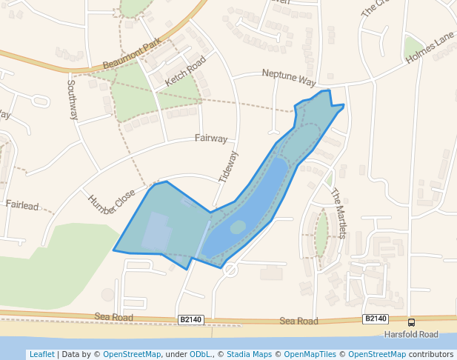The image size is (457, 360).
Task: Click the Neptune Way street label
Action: tap(289, 76)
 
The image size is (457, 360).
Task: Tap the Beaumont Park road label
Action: tap(132, 56)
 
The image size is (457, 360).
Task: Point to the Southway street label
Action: tap(72, 100)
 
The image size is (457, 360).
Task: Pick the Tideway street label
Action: tap(229, 167)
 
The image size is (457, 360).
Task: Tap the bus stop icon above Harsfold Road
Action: tap(411, 322)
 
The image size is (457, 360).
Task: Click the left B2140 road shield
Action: tap(190, 319)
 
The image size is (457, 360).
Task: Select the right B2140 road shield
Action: tap(376, 319)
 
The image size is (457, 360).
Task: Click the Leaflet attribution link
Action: tap(41, 354)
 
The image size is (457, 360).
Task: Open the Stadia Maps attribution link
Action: tap(251, 354)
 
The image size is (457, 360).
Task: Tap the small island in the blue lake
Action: tap(238, 227)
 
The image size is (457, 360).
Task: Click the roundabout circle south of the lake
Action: tap(230, 270)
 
